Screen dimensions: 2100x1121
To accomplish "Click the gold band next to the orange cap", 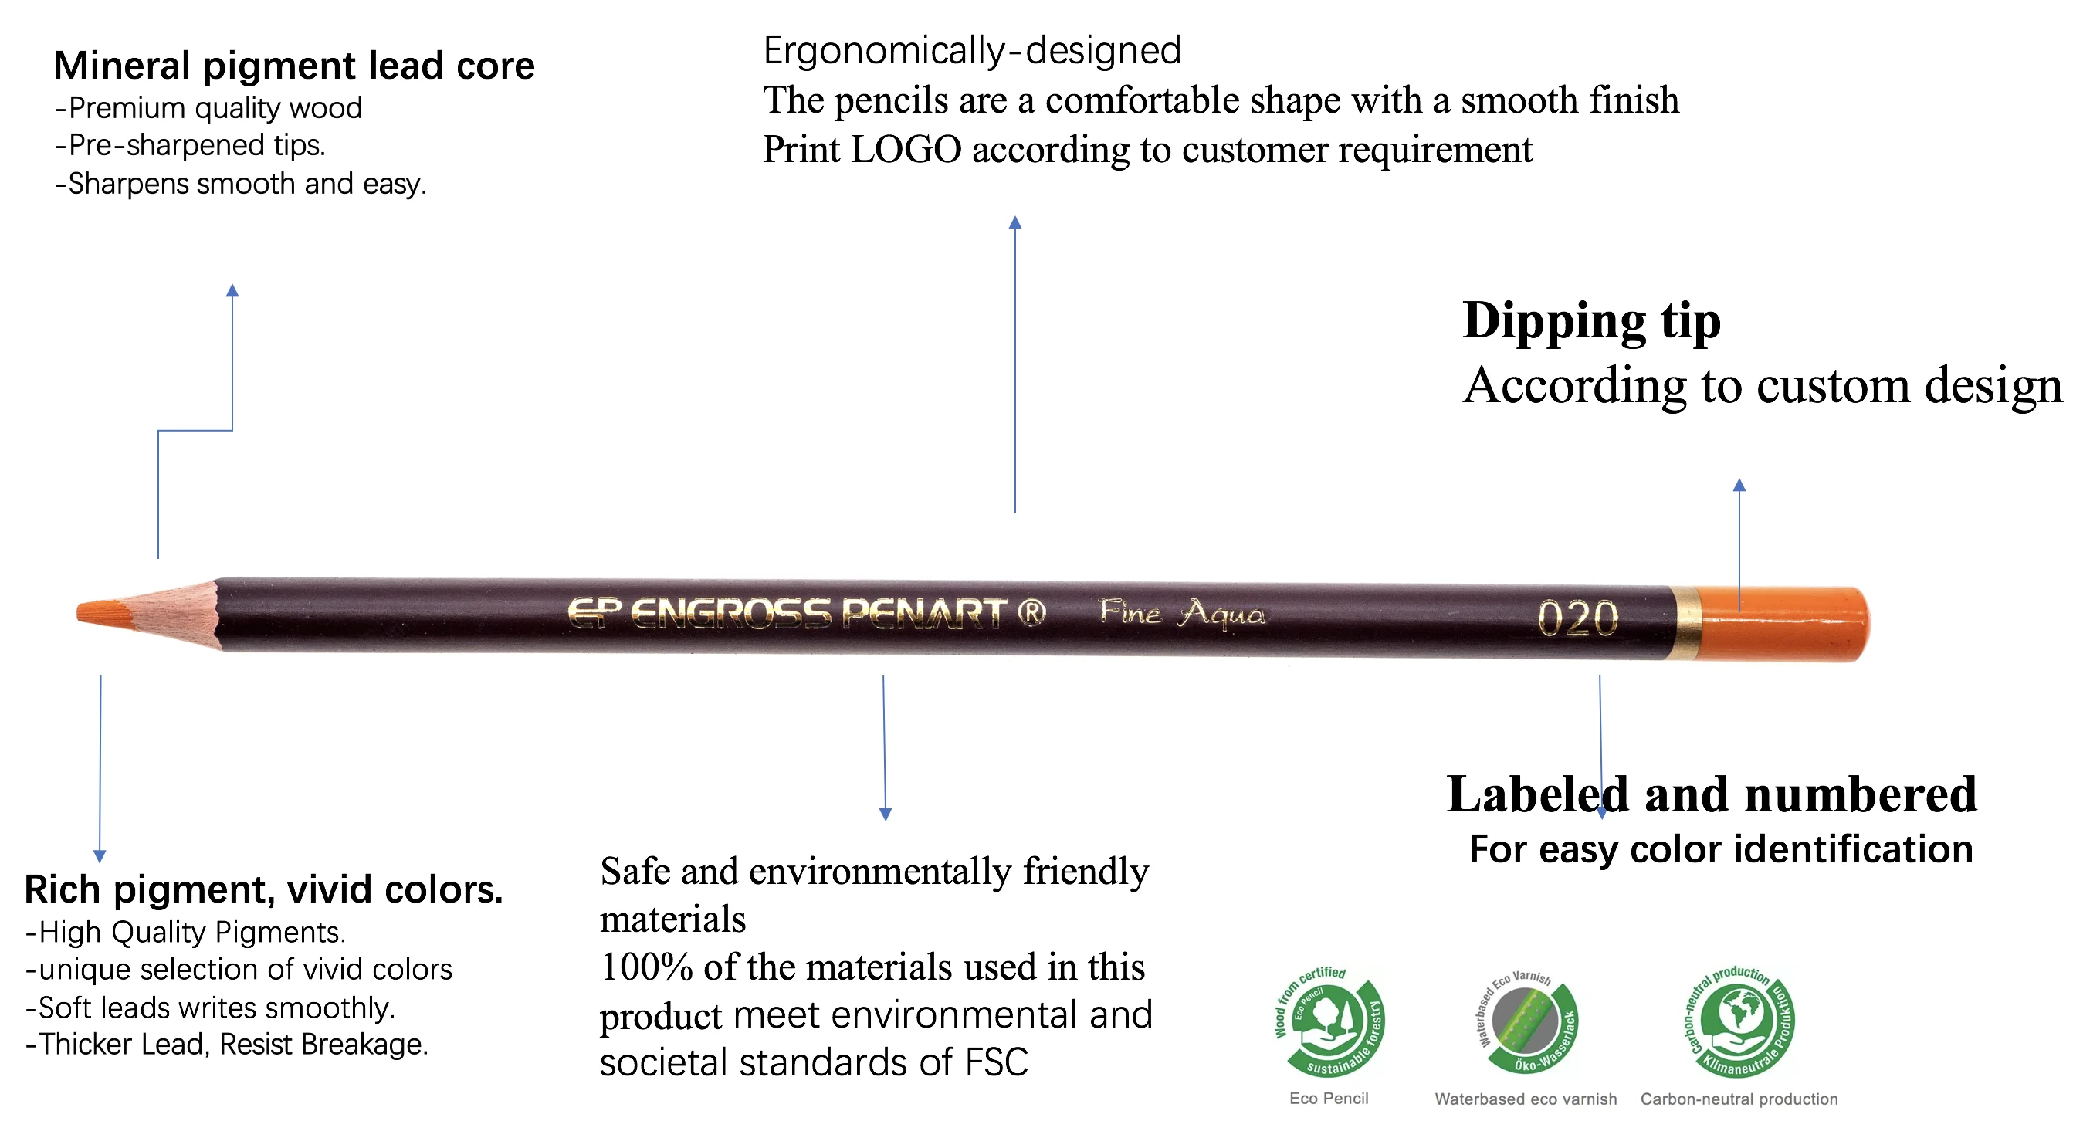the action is tap(1685, 622).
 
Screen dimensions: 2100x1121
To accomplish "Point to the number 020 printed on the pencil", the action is tap(1577, 619).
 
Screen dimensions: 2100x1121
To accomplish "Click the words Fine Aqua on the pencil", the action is tap(1182, 613).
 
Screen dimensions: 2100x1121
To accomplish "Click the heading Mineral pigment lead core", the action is tap(294, 65).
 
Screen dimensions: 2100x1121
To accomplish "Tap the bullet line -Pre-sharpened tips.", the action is tap(190, 145).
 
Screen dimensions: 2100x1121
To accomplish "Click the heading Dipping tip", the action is tap(1591, 320).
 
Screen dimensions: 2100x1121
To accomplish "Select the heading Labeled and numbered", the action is tap(1712, 794).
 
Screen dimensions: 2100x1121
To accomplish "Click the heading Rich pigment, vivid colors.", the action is tap(263, 889).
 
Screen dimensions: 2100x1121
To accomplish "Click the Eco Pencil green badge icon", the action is tap(1329, 1021).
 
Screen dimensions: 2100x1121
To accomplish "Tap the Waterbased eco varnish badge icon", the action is tap(1527, 1022).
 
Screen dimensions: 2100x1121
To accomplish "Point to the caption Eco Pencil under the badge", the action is tap(1329, 1098).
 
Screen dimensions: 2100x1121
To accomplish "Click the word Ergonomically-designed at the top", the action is tap(972, 50).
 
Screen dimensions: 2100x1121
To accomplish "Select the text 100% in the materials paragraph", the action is tap(646, 967).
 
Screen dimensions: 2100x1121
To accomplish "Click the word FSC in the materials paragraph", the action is tap(996, 1062).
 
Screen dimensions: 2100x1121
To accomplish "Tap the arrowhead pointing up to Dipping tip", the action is tap(1739, 484).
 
